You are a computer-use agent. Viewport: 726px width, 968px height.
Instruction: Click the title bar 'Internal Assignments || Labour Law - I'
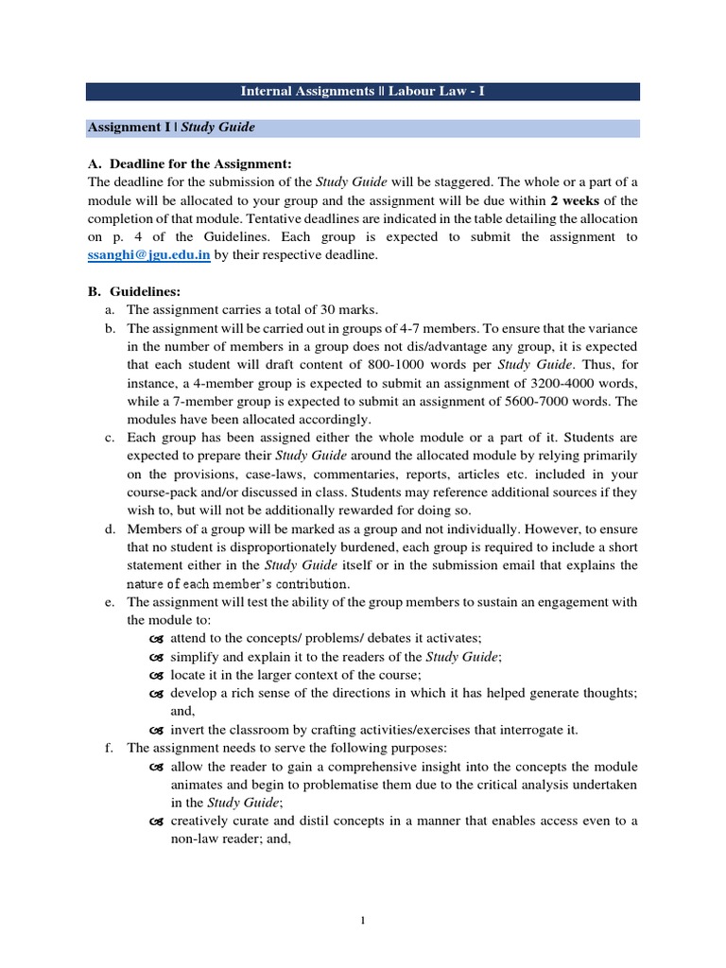(x=362, y=92)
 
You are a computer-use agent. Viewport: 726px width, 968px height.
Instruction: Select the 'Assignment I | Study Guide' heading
(x=171, y=127)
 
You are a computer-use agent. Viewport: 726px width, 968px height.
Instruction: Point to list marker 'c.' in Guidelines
(x=111, y=438)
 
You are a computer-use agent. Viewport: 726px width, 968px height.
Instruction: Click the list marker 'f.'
(x=110, y=747)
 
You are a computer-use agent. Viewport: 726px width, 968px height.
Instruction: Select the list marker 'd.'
(x=111, y=527)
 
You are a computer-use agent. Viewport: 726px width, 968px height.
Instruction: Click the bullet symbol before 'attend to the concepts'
(x=157, y=639)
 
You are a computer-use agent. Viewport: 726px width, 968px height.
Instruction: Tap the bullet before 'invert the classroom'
(x=157, y=729)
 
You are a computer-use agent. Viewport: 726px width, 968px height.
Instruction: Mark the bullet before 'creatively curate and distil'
(x=157, y=820)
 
